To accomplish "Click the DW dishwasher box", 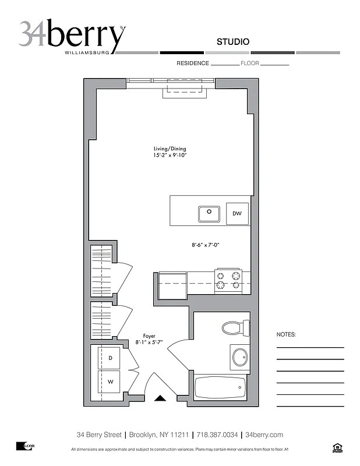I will pyautogui.click(x=237, y=214).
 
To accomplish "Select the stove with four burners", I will pyautogui.click(x=228, y=280).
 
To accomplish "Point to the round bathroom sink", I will pyautogui.click(x=240, y=356).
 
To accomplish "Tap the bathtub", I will pyautogui.click(x=220, y=387).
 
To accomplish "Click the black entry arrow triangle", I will pyautogui.click(x=160, y=398).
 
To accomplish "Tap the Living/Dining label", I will pyautogui.click(x=170, y=149).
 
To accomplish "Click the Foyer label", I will pyautogui.click(x=149, y=336).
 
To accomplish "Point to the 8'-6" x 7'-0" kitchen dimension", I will pyautogui.click(x=205, y=245).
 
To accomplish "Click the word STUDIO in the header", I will pyautogui.click(x=233, y=42).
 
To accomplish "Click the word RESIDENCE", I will pyautogui.click(x=192, y=63).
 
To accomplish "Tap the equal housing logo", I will pyautogui.click(x=336, y=447).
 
